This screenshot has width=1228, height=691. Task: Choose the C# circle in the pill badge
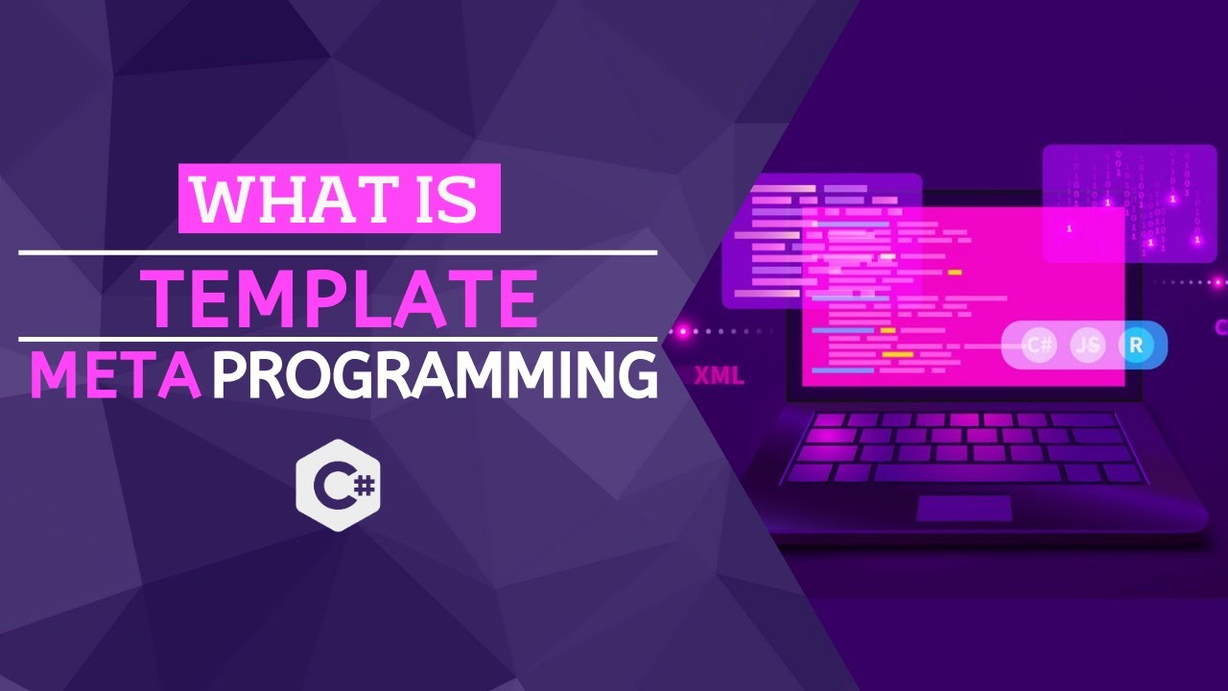(1039, 345)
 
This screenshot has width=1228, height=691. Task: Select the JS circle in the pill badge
(1087, 345)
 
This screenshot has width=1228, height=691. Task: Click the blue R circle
(1136, 345)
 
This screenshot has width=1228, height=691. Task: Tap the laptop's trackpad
(963, 509)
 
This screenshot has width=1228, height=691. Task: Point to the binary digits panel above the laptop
(1129, 203)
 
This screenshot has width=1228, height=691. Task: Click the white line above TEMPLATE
(338, 253)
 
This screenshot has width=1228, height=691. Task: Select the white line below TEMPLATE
(338, 339)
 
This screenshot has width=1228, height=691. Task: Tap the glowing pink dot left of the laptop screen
(683, 331)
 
